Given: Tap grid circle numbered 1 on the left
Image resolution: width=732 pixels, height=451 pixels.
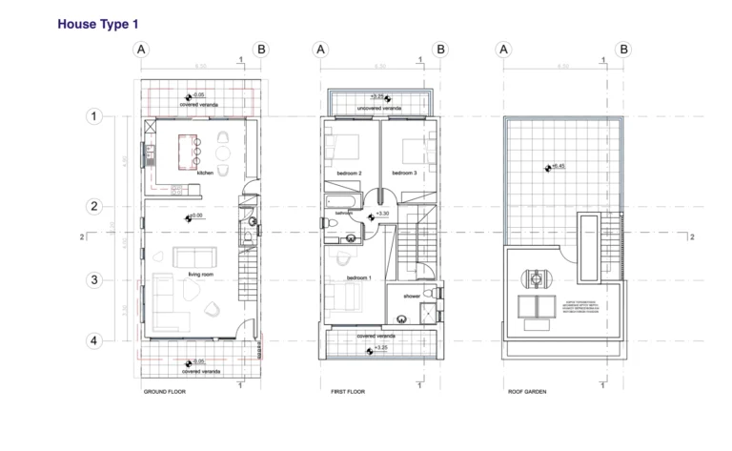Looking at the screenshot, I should [94, 116].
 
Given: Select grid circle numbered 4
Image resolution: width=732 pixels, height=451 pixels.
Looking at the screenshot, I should [94, 340].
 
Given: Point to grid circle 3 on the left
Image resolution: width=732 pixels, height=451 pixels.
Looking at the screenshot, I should [94, 280].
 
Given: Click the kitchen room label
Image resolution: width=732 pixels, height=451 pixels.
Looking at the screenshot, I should [204, 173].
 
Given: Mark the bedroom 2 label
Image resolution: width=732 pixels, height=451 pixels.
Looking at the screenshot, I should [349, 173].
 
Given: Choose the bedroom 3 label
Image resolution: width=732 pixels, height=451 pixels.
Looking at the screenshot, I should [405, 173].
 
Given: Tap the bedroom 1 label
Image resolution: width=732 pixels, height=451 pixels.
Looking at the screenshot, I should [358, 277].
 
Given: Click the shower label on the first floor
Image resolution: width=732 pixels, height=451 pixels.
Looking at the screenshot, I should [412, 297].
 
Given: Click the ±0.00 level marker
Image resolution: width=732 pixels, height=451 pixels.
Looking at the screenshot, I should [197, 216].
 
